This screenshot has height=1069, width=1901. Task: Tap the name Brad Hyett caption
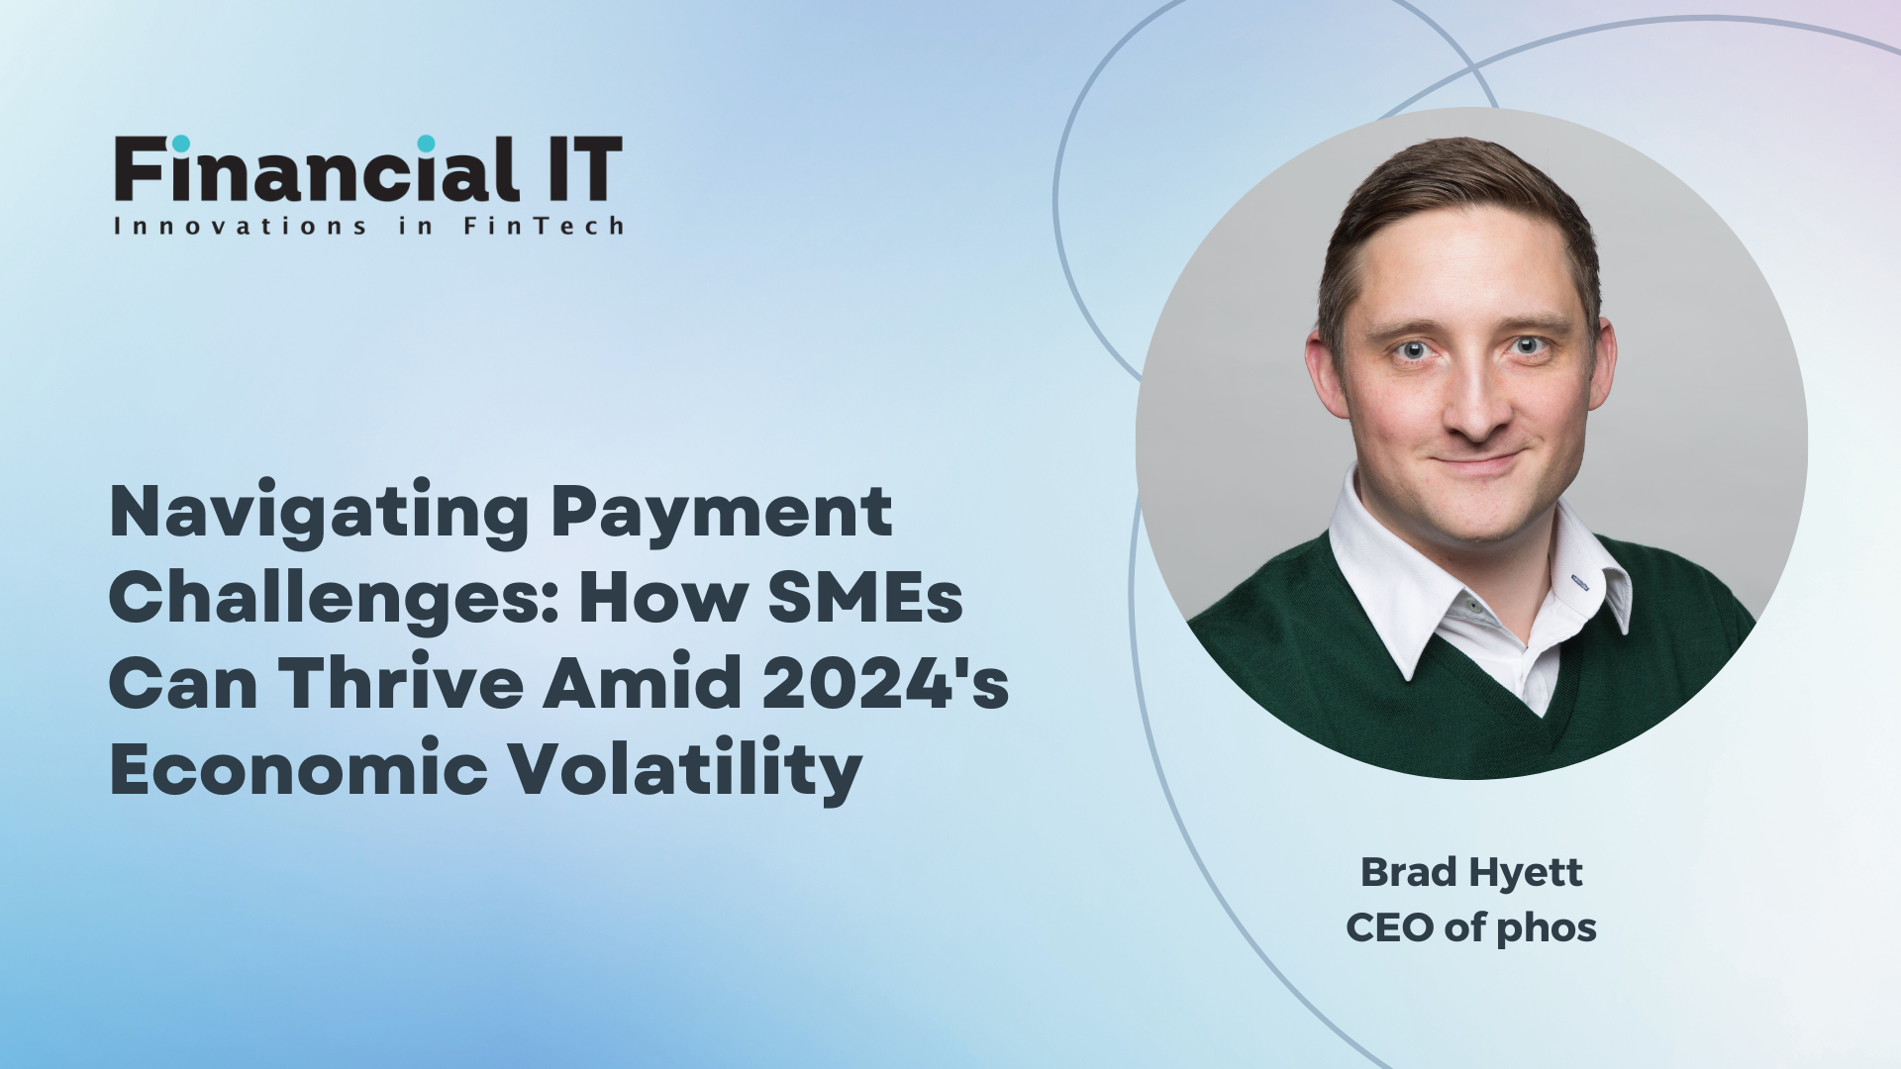coord(1471,873)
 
